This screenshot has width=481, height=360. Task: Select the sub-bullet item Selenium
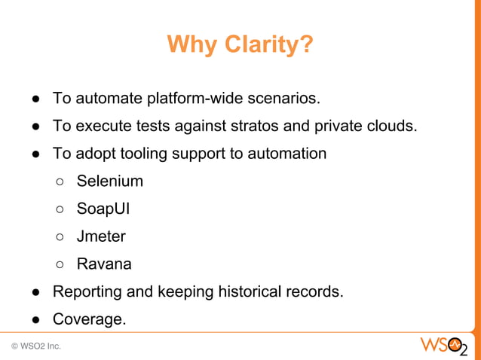click(x=109, y=182)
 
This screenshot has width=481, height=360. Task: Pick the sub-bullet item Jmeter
click(x=101, y=236)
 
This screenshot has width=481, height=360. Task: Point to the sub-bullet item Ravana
click(x=104, y=264)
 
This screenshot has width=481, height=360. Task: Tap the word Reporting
click(x=85, y=292)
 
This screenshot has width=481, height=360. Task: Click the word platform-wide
click(x=195, y=99)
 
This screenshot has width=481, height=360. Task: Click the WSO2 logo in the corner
click(x=443, y=347)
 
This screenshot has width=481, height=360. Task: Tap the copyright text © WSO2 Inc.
click(x=36, y=346)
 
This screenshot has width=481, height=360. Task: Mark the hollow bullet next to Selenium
click(x=60, y=182)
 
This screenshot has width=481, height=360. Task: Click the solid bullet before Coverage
click(x=35, y=321)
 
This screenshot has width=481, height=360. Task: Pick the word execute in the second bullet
click(x=98, y=126)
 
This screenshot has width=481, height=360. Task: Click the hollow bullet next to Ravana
click(x=60, y=265)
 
